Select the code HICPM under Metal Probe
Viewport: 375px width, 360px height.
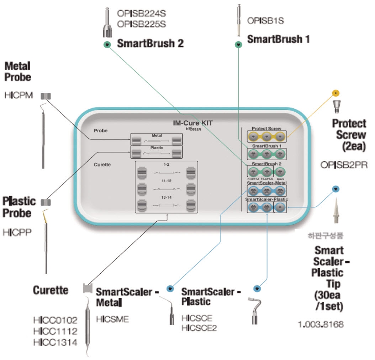click(x=19, y=95)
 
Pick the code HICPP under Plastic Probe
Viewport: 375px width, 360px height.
click(x=17, y=233)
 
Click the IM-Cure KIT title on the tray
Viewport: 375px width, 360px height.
click(x=190, y=123)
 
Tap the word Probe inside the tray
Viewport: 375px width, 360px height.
click(x=101, y=130)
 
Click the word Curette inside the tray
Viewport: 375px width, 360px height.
click(x=102, y=165)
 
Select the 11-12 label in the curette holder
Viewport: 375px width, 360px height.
click(x=167, y=181)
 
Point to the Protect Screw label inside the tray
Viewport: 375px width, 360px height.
click(x=266, y=128)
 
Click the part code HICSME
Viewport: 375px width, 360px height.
click(x=112, y=319)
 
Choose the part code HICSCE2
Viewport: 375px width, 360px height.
click(x=199, y=328)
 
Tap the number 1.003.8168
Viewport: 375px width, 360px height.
click(x=321, y=324)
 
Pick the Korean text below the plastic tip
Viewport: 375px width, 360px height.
click(x=325, y=236)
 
